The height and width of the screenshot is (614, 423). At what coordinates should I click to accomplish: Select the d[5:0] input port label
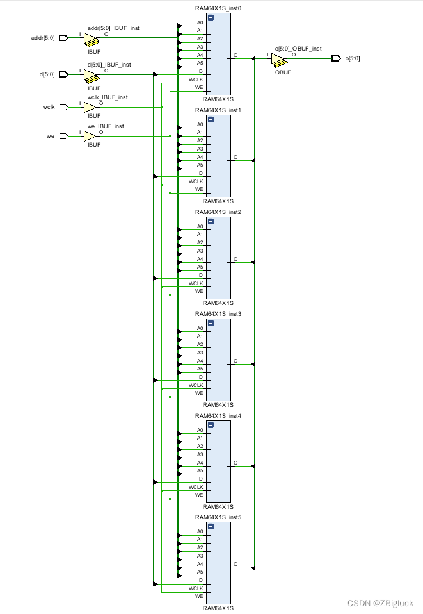(x=47, y=74)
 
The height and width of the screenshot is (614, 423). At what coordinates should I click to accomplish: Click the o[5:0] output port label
(x=353, y=59)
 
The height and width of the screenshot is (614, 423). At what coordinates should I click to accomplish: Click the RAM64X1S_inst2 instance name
(x=218, y=212)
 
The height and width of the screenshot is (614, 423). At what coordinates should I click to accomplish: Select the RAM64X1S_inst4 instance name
(x=218, y=415)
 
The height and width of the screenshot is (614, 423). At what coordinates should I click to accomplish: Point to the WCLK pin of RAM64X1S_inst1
(x=196, y=181)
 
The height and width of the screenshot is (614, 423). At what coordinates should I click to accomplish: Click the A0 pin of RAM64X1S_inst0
(x=200, y=22)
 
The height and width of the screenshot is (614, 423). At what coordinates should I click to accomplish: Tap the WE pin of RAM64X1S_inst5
(x=198, y=597)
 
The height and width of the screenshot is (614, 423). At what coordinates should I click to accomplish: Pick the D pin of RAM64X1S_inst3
(x=200, y=377)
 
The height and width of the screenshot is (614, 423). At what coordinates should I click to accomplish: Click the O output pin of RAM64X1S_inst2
(x=235, y=260)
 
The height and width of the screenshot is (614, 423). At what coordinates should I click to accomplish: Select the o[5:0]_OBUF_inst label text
(x=298, y=49)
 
